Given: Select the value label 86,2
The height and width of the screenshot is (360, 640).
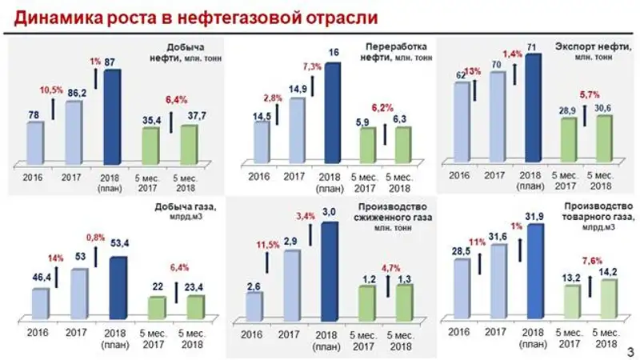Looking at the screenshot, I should (74, 93).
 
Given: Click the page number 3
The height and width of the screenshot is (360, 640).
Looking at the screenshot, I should (630, 349).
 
